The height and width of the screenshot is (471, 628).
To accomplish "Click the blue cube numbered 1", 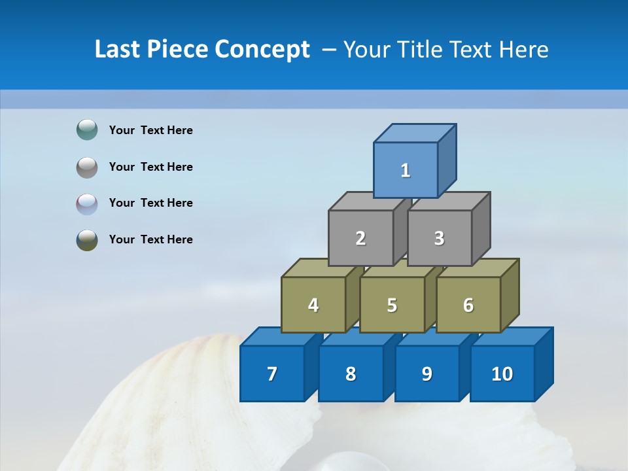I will pyautogui.click(x=406, y=170).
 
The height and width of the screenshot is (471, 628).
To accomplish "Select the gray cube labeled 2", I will pyautogui.click(x=360, y=238).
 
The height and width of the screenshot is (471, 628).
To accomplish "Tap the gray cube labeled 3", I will pyautogui.click(x=439, y=238).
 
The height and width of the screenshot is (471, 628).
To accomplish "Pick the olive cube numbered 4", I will pyautogui.click(x=313, y=305).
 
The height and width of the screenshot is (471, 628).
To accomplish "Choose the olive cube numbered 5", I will pyautogui.click(x=392, y=305).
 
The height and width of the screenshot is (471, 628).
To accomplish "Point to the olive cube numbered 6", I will pyautogui.click(x=468, y=305).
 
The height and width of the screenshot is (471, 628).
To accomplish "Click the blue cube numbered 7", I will pyautogui.click(x=272, y=374).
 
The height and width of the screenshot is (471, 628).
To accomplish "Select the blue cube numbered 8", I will pyautogui.click(x=351, y=374).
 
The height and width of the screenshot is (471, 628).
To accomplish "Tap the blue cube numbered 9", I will pyautogui.click(x=427, y=374).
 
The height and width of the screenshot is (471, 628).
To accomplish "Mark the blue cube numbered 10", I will pyautogui.click(x=502, y=374).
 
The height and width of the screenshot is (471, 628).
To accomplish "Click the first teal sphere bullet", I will pyautogui.click(x=87, y=130).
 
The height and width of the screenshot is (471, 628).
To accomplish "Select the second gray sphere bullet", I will pyautogui.click(x=87, y=167).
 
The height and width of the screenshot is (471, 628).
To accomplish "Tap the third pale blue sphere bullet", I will pyautogui.click(x=87, y=203).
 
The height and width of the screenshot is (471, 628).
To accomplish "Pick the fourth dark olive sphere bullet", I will pyautogui.click(x=87, y=239).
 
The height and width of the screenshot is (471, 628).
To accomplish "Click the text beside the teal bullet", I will pyautogui.click(x=151, y=130).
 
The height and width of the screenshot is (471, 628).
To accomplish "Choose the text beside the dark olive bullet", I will pyautogui.click(x=151, y=239).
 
